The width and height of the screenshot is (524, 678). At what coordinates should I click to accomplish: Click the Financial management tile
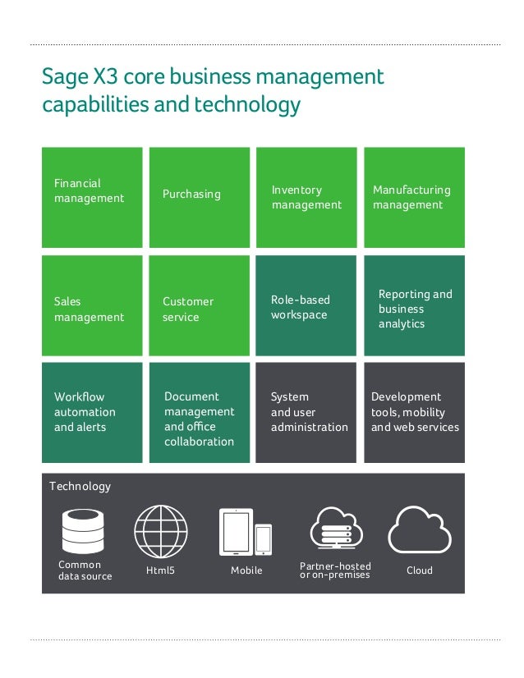coord(92,197)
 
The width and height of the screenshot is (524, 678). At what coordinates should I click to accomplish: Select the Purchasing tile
coord(200,197)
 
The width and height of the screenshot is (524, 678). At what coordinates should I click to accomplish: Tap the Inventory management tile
coord(306,197)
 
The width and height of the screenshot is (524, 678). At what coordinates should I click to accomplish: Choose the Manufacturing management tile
coord(414,197)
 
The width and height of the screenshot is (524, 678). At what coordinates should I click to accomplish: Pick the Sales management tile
coord(92,305)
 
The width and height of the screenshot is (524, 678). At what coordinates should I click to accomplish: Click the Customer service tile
coord(200,305)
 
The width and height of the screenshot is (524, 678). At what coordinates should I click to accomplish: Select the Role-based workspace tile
coord(306,305)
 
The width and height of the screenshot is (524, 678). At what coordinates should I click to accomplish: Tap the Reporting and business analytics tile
coord(414,305)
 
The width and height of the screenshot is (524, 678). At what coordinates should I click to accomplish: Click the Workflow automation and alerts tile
coord(92,412)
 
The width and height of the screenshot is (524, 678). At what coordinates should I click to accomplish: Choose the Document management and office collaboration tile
coord(200,412)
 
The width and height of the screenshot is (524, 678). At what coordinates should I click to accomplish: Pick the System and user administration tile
coord(306,412)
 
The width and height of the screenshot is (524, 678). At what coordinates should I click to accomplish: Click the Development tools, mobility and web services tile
coord(414,412)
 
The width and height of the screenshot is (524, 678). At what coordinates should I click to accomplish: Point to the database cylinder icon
coord(83,531)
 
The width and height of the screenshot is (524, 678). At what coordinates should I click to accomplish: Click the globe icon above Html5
coord(161,531)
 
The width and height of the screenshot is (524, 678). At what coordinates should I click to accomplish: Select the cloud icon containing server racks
coord(335,530)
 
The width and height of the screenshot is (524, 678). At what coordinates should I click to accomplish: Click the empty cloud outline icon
coord(420,530)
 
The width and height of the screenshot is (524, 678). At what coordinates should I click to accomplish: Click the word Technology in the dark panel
coord(80,486)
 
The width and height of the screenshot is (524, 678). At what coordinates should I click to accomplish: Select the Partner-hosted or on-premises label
coord(335,570)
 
